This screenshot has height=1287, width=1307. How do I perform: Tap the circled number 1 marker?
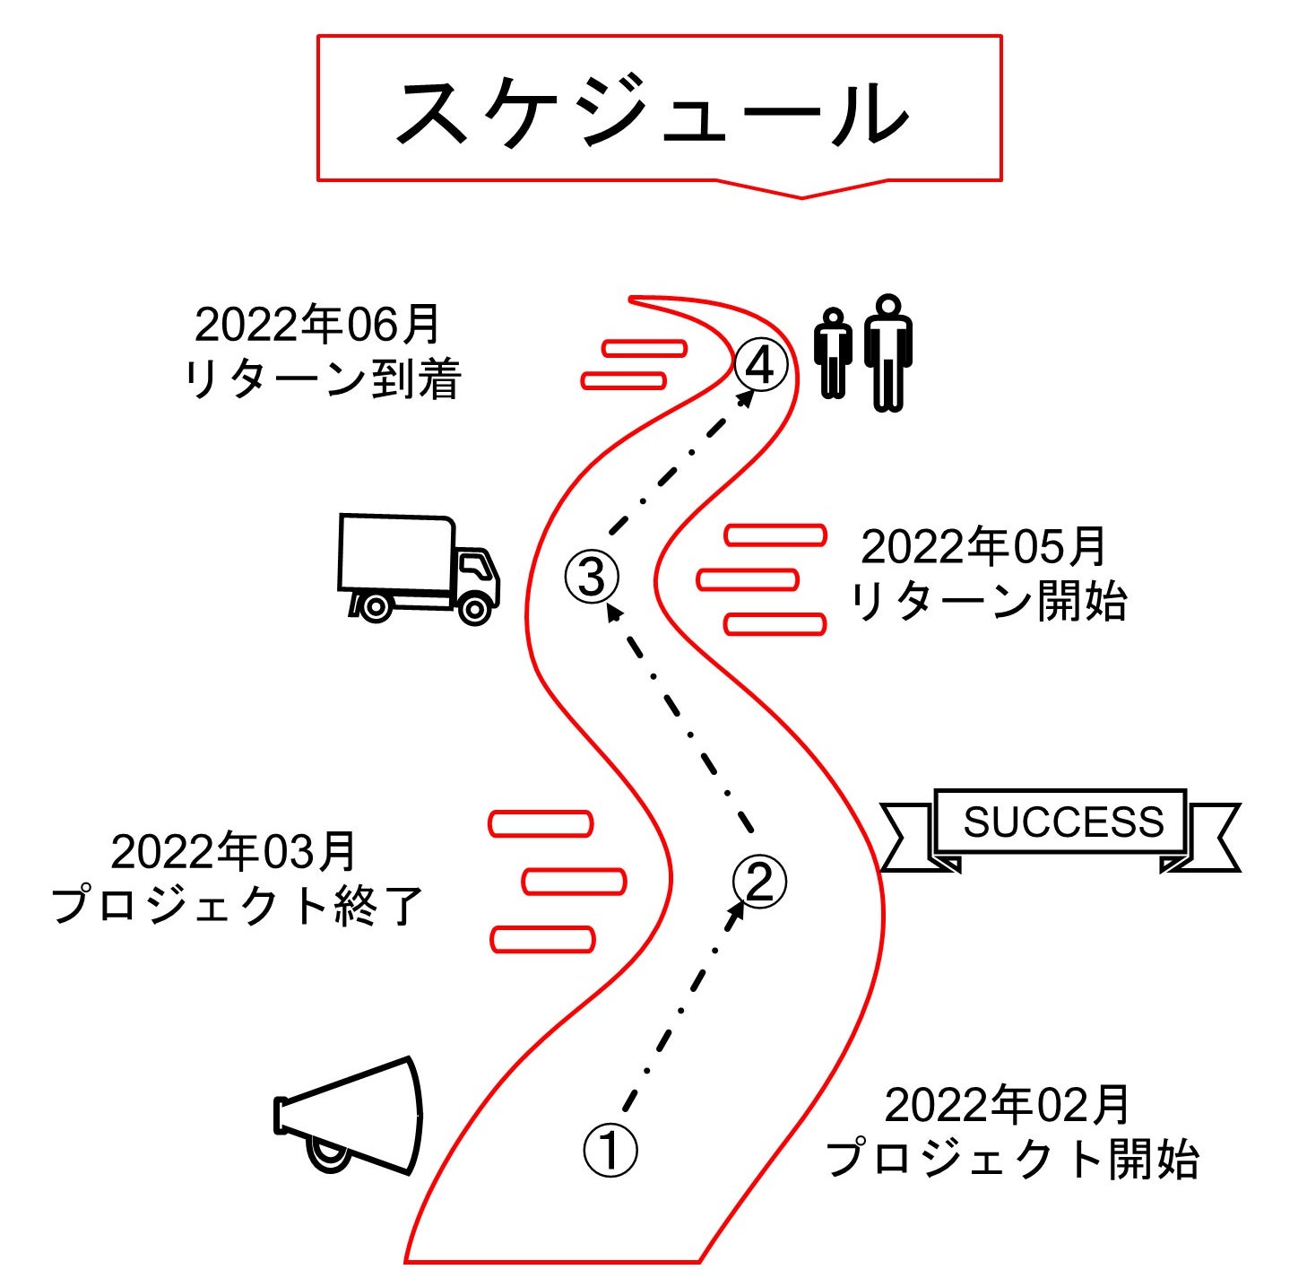coord(610,1150)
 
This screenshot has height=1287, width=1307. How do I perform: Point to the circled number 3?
coord(592,576)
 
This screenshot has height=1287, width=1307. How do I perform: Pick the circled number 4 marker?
coord(761,366)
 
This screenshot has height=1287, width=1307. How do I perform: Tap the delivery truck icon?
coord(417,569)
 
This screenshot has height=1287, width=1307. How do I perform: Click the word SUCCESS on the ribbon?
coord(1063,822)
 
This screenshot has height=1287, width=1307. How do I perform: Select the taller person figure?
coord(887,352)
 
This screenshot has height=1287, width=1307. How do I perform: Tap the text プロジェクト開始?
coord(1011,1159)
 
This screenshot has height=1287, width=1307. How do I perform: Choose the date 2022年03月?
coord(234,851)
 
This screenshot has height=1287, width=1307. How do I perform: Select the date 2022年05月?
coord(983,546)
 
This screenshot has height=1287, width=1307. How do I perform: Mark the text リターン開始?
coord(987,601)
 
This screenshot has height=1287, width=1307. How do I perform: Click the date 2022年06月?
coord(317,324)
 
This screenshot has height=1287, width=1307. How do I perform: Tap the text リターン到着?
coord(322,379)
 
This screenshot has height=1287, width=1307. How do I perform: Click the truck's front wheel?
coord(474,609)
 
